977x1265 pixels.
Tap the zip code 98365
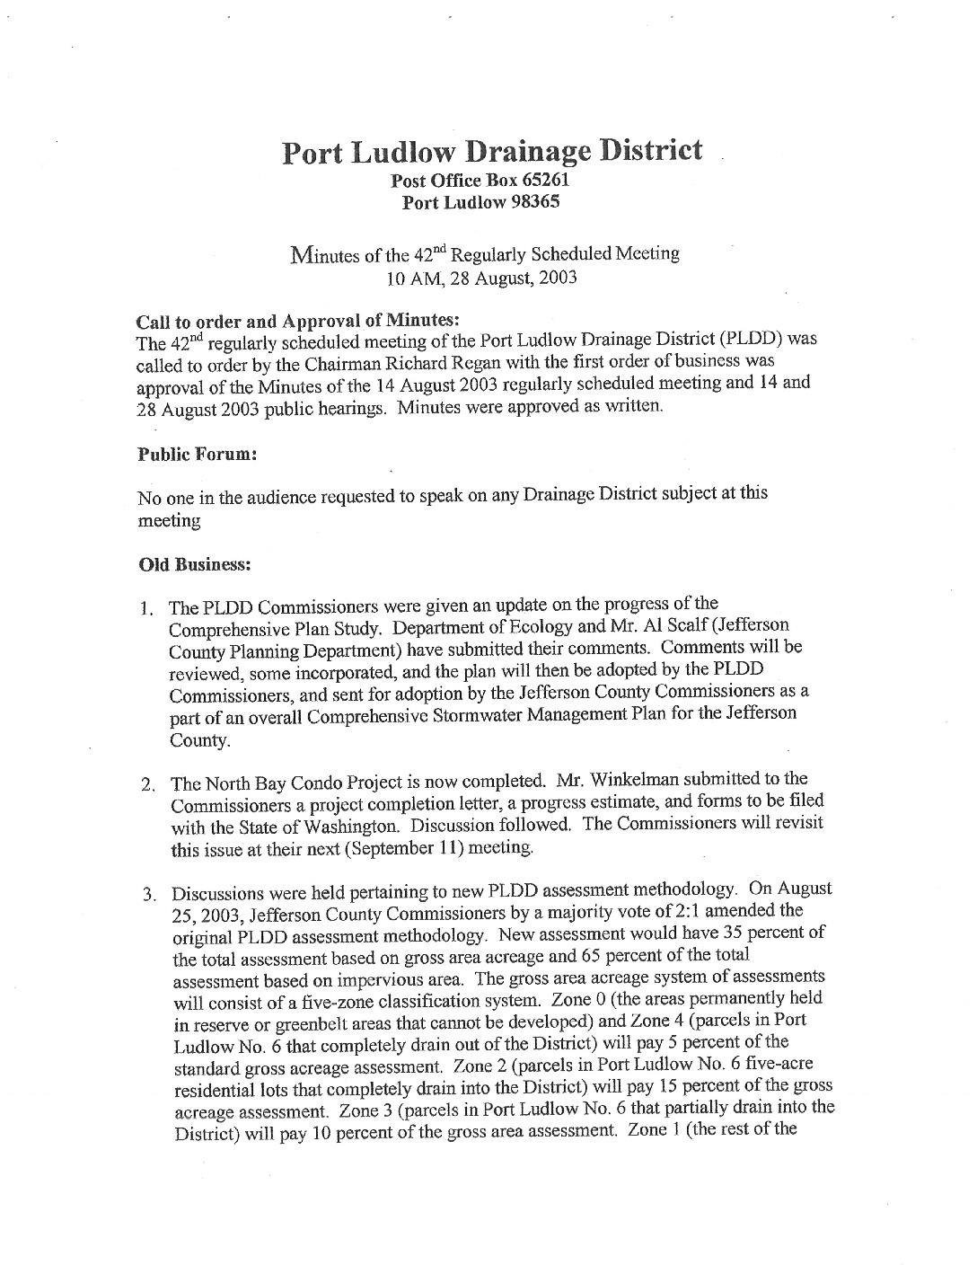pos(535,201)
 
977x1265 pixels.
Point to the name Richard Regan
pos(542,362)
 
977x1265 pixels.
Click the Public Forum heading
pos(197,455)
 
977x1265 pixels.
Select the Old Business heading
pos(193,565)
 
